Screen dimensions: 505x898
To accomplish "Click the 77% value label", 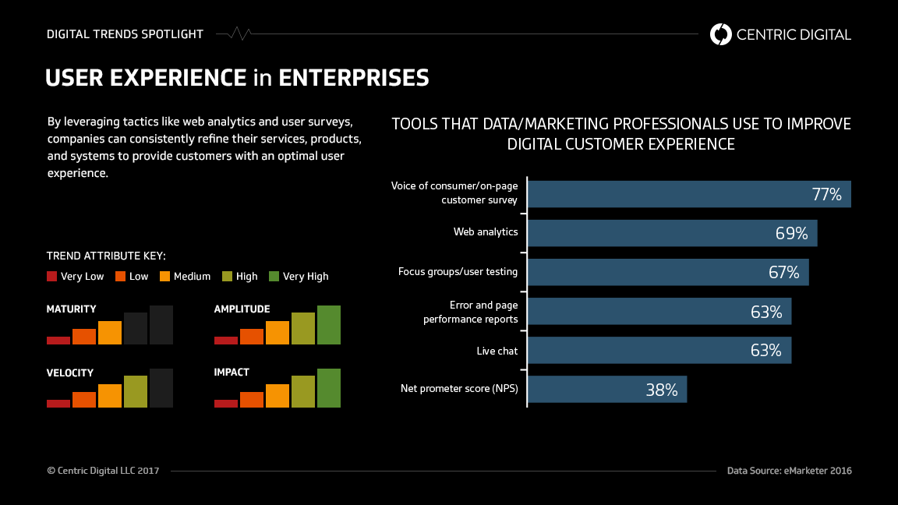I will [826, 195].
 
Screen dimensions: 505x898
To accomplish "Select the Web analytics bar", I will [672, 233].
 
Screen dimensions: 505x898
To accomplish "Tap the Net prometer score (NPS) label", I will [459, 388].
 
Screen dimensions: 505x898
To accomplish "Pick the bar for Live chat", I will [659, 351].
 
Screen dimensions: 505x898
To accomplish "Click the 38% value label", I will [661, 390].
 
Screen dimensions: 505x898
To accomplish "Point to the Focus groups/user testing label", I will [458, 272].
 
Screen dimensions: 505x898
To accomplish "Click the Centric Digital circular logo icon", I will [721, 34].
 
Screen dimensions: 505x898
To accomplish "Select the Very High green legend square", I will [274, 276].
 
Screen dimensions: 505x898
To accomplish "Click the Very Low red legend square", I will [52, 276].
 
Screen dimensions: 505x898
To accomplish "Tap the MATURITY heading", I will [72, 309].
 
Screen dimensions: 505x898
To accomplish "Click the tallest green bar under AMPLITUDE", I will [329, 325].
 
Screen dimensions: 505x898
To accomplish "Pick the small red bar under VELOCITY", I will [58, 403].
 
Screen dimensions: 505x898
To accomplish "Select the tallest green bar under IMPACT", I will [329, 388].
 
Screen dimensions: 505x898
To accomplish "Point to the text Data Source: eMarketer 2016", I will [789, 471].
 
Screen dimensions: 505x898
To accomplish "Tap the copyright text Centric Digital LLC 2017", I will [103, 471].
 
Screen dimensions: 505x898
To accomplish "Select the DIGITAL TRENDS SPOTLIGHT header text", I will [125, 34].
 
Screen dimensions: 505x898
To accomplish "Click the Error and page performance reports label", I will [470, 312].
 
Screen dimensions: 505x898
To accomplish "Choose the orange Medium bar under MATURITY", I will [110, 333].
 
